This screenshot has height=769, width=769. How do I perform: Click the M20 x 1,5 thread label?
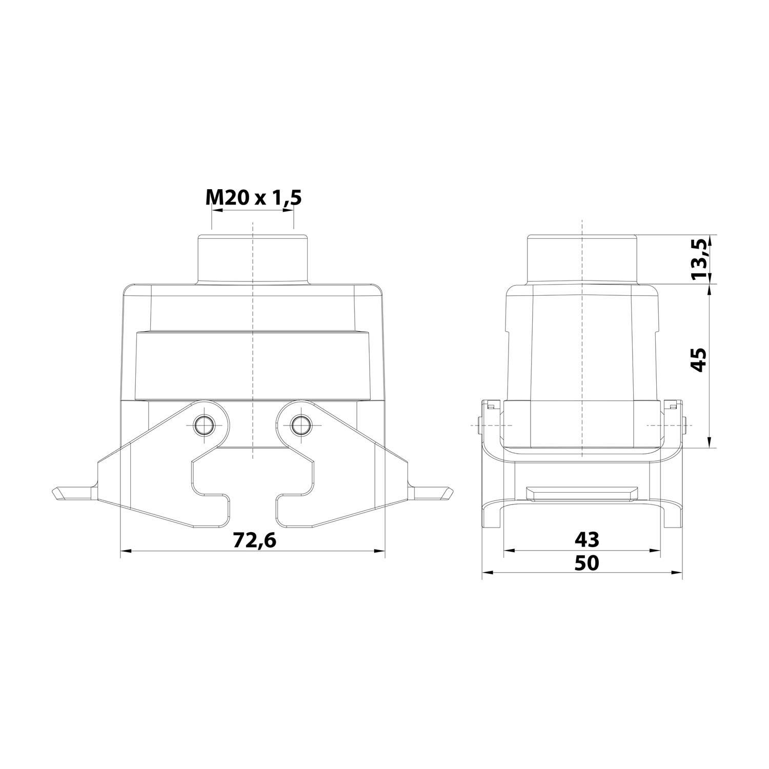pyautogui.click(x=253, y=197)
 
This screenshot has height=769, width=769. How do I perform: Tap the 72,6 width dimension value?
pyautogui.click(x=255, y=540)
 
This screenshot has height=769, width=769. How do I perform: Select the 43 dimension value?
pyautogui.click(x=586, y=539)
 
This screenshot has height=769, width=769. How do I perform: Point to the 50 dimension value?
pyautogui.click(x=586, y=563)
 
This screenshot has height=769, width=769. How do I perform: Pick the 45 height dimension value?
pyautogui.click(x=699, y=359)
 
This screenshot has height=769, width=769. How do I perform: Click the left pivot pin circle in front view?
pyautogui.click(x=205, y=424)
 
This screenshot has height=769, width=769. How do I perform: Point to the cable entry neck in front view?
pyautogui.click(x=252, y=258)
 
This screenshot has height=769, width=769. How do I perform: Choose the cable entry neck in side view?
pyautogui.click(x=582, y=258)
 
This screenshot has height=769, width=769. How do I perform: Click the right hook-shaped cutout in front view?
pyautogui.click(x=294, y=487)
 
